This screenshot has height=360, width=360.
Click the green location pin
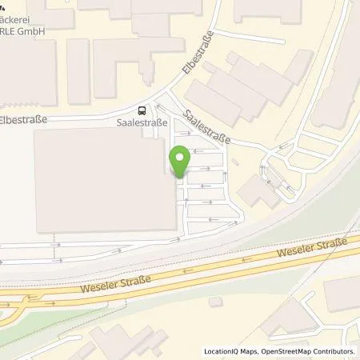pos(180,163)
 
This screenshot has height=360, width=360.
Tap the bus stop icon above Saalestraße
pos(142,111)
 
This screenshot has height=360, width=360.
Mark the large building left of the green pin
pos(104,180)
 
